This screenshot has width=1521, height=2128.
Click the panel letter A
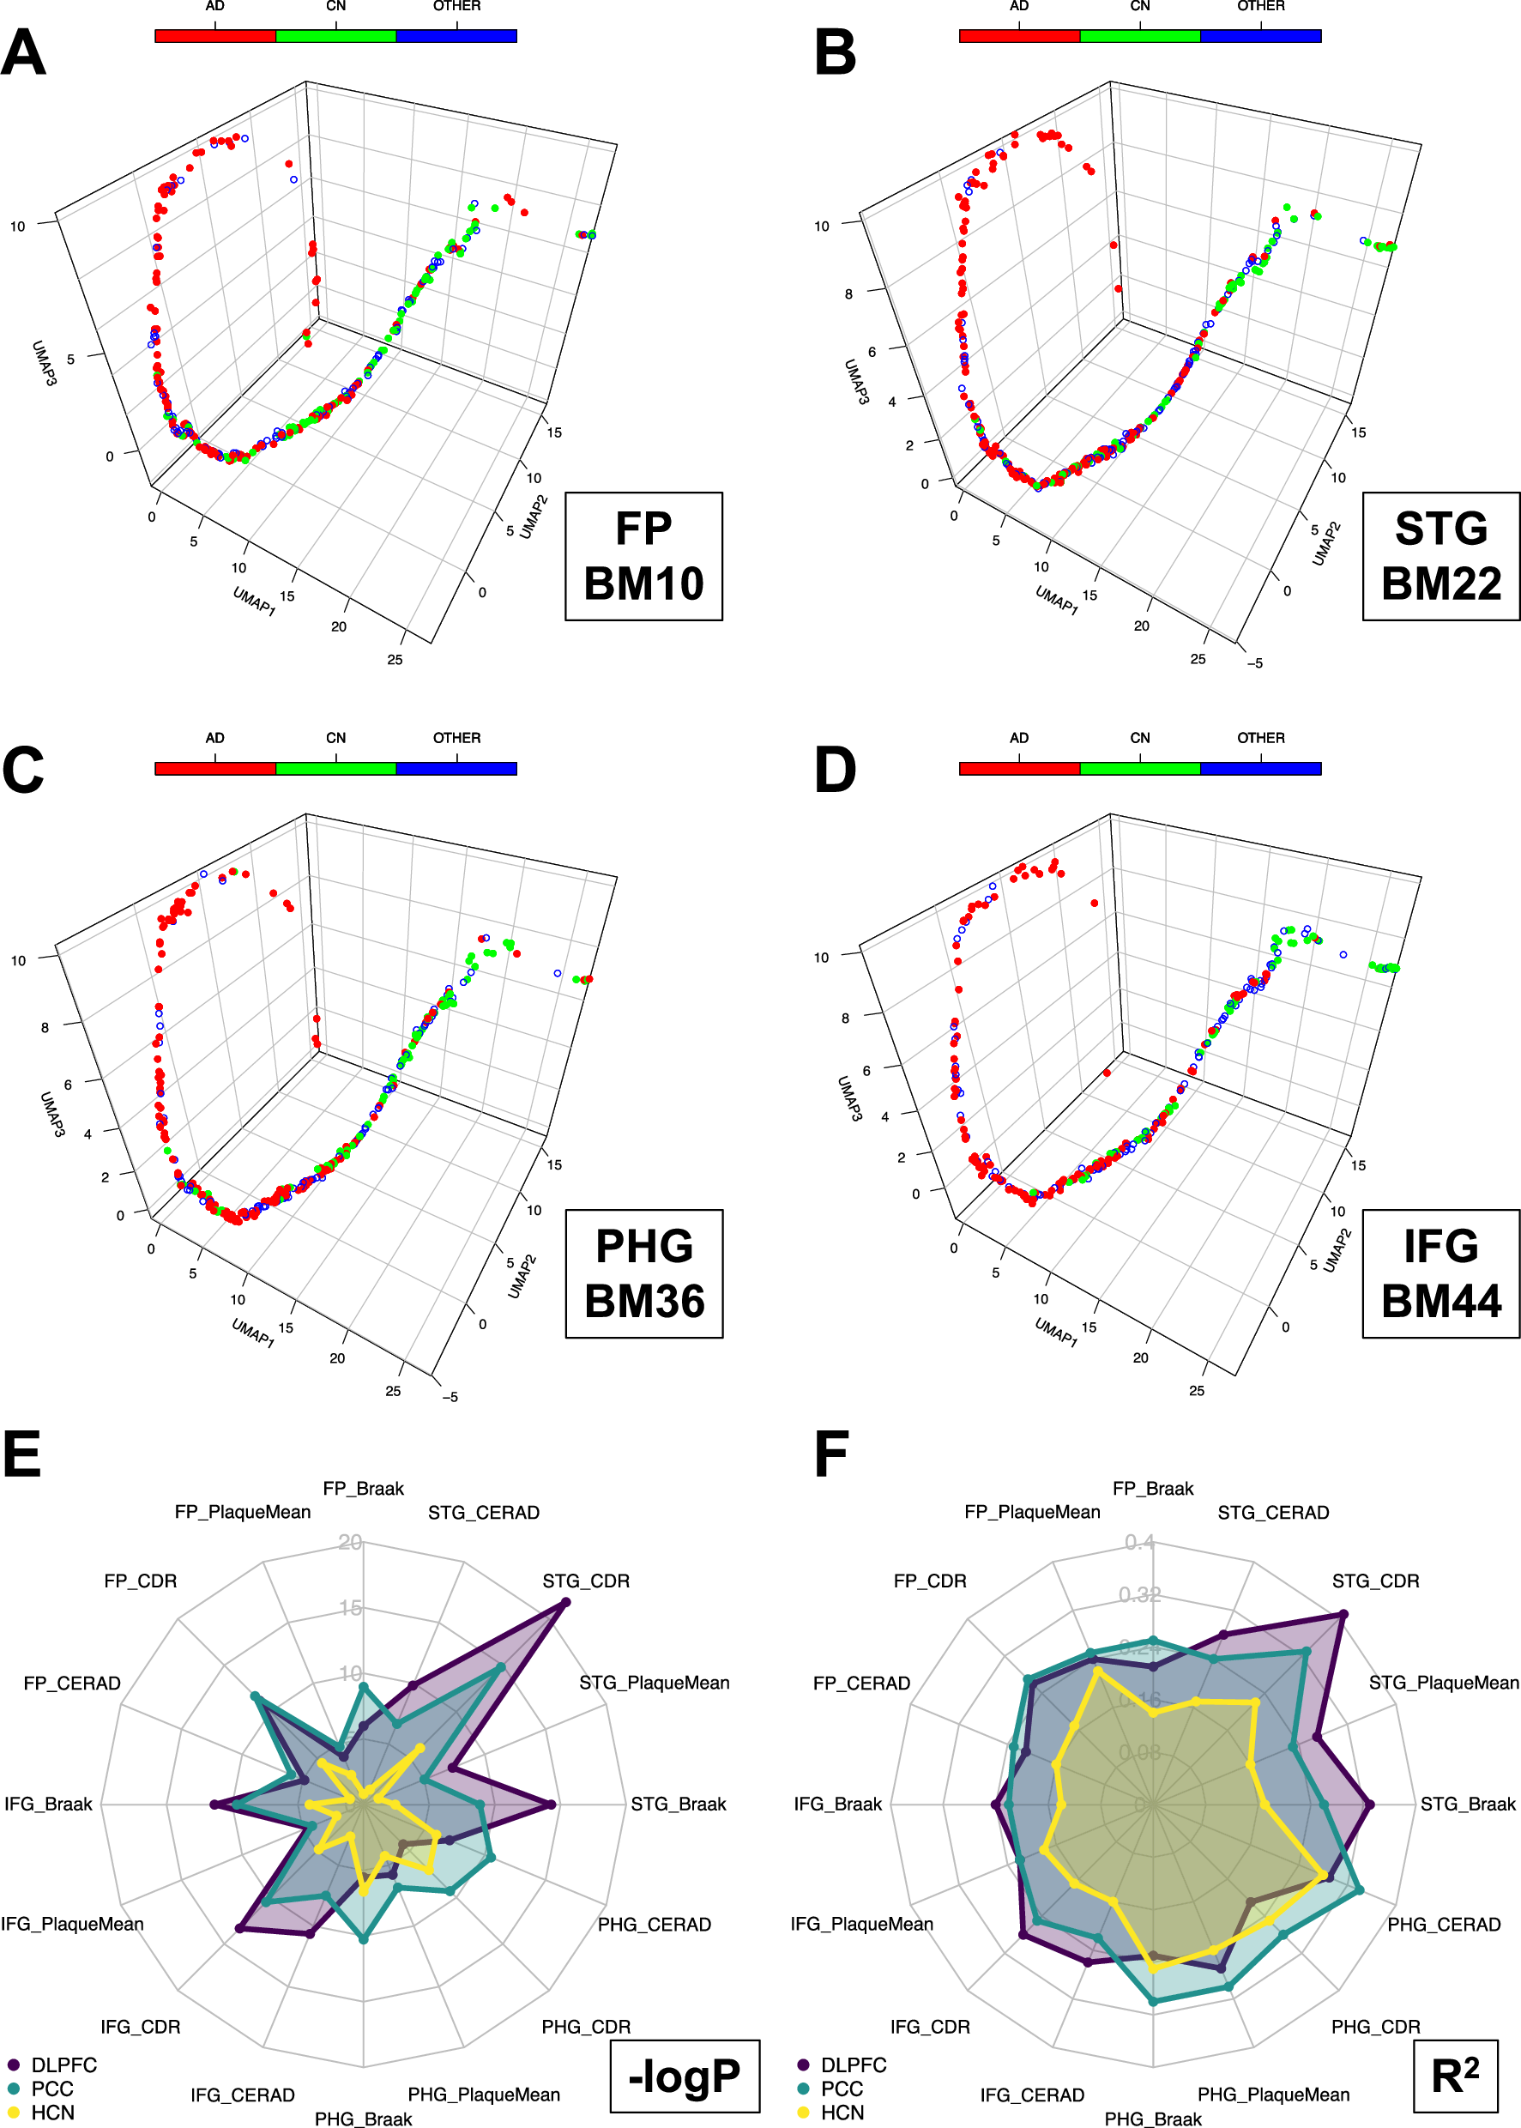pos(23,53)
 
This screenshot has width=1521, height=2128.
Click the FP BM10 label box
pos(643,556)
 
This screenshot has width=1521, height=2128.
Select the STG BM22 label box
pos(1440,556)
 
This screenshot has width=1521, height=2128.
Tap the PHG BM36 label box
pos(643,1274)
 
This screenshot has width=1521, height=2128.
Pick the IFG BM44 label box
pos(1440,1274)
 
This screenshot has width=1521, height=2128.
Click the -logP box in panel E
pos(685,2076)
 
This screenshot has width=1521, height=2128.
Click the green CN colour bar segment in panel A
pos(335,35)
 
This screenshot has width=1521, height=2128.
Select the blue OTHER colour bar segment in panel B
pos(1259,35)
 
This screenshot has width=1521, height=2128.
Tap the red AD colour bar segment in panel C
pos(214,768)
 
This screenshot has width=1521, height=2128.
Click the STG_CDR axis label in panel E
pos(586,1581)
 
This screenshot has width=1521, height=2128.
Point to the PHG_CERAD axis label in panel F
pos(1443,1925)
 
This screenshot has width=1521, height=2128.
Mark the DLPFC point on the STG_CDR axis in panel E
pos(564,1604)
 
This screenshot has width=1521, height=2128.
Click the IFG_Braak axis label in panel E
pos(49,1804)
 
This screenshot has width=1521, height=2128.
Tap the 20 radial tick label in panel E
pos(350,1543)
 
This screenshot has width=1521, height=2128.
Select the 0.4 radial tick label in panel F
pos(1140,1543)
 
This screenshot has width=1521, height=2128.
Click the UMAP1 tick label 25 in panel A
pos(395,659)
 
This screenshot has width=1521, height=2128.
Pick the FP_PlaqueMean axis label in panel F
pos(1032,1512)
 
